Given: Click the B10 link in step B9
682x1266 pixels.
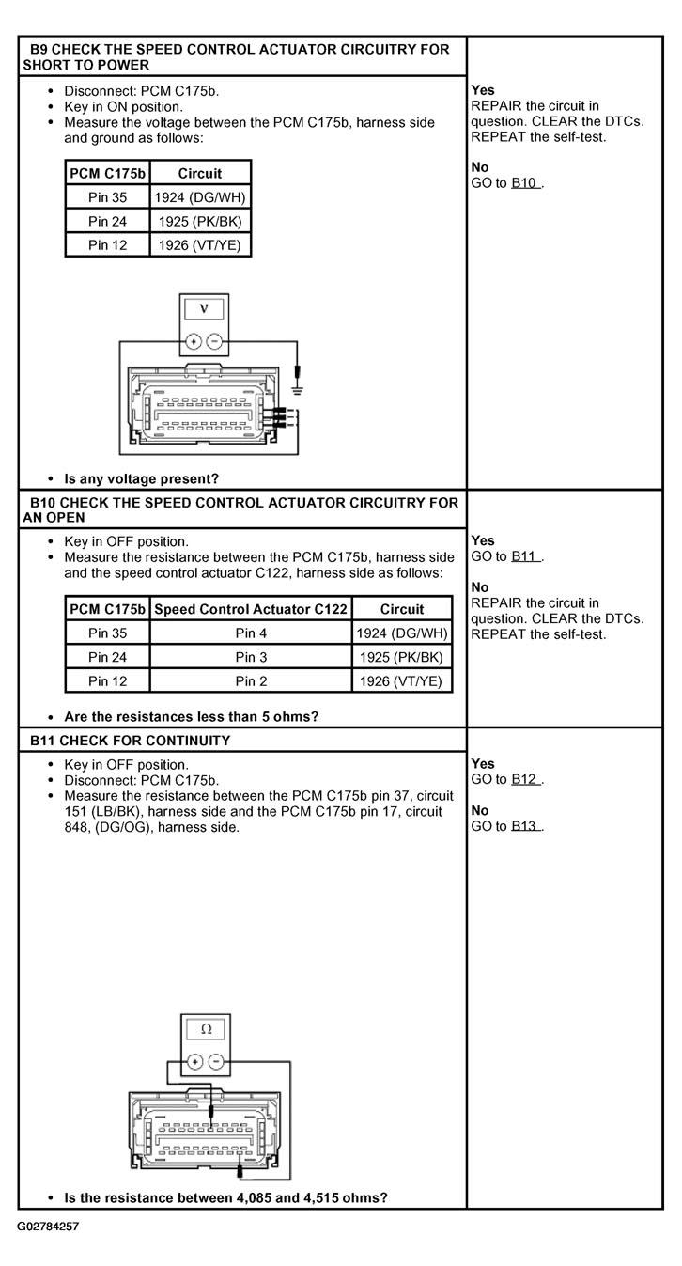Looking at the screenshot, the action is point(524,183).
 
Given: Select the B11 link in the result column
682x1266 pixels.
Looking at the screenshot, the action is point(524,556).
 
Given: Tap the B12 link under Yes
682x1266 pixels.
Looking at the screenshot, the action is point(524,779).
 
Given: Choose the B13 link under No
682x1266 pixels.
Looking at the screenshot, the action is point(524,826).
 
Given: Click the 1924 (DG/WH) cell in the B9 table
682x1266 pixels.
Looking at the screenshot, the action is point(200,197).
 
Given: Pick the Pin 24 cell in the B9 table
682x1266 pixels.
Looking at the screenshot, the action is point(107,222).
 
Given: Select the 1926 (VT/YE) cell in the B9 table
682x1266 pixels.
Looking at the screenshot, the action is point(200,245).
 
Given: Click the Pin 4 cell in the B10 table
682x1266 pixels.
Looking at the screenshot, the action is point(251,633).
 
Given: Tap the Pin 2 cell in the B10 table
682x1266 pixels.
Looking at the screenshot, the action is point(251,681).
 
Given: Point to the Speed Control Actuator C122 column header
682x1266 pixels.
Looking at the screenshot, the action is point(251,609).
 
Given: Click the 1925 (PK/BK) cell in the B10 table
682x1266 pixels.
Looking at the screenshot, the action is point(401,657).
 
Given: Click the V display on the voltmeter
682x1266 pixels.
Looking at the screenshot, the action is point(204,309).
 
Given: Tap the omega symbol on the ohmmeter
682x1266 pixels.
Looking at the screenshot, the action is point(207,1030).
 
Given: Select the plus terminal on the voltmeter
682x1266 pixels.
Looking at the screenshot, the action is point(194,342).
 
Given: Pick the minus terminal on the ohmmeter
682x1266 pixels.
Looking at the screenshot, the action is point(216,1062).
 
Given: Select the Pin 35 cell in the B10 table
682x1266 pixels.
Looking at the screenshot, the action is point(107,633).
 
